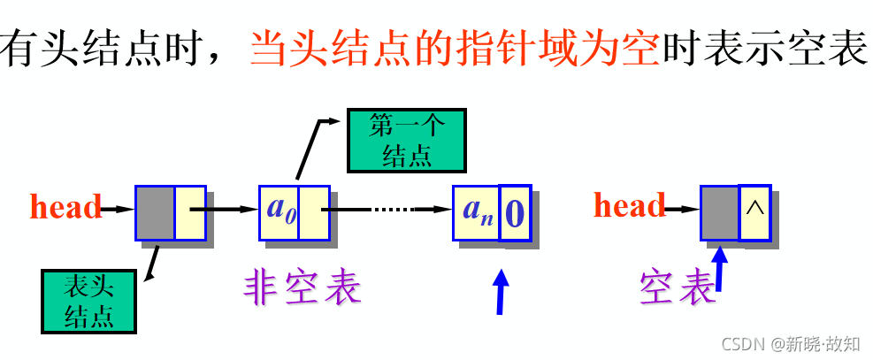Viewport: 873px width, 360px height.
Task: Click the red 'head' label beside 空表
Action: tap(629, 206)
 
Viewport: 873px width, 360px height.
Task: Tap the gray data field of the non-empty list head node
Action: tap(155, 212)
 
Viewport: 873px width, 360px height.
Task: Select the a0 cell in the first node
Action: tap(279, 212)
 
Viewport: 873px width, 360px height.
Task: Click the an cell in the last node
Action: tap(476, 212)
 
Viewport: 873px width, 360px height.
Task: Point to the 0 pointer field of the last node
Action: tap(516, 212)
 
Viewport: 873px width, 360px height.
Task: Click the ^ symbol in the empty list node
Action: tap(754, 211)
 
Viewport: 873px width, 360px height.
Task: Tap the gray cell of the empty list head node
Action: tap(720, 212)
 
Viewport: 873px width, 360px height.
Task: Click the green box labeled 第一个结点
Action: tap(406, 140)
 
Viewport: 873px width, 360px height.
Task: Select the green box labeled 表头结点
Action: tap(89, 300)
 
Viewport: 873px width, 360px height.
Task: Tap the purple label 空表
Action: tap(678, 287)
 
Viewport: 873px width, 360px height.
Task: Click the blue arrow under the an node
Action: tap(502, 291)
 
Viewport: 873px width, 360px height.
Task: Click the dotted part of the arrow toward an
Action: tap(392, 211)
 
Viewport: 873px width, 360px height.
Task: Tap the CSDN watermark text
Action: tap(790, 342)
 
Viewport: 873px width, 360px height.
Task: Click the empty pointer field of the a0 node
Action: tap(314, 212)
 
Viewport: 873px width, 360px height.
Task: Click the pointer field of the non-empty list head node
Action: tap(189, 212)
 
